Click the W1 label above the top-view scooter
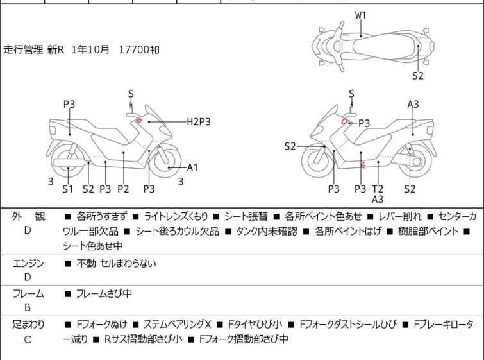tap(361, 14)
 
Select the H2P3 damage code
tap(199, 121)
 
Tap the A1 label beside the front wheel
tap(193, 167)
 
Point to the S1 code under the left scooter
tap(68, 189)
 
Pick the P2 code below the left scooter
tap(123, 189)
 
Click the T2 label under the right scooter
tap(378, 189)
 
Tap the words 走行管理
tap(24, 49)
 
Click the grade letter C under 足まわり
tap(28, 339)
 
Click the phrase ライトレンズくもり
tap(181, 216)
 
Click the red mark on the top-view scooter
tap(346, 34)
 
